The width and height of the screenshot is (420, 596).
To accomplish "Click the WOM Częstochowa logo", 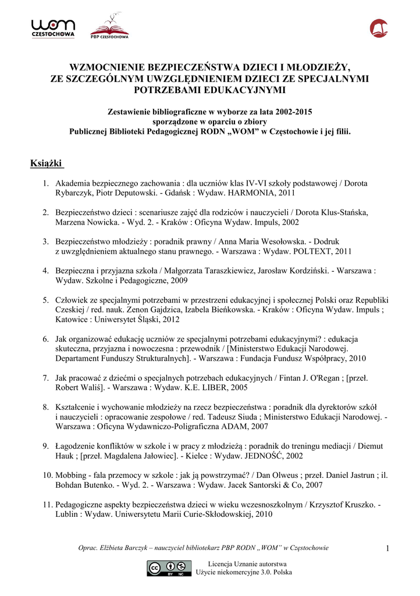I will (53, 28).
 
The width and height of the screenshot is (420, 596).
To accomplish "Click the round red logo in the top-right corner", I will (379, 27).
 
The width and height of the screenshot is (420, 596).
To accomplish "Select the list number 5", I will (45, 300).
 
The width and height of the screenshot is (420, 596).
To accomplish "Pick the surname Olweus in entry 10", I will (279, 475).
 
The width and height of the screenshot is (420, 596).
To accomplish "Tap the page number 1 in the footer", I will (386, 548).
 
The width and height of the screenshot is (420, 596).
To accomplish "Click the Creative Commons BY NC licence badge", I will (169, 568).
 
